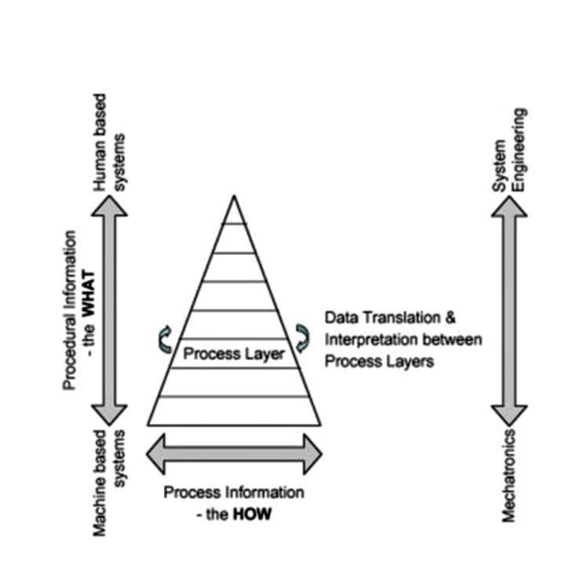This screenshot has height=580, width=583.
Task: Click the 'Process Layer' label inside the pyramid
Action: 233,354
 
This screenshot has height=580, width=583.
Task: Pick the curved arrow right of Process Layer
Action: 302,336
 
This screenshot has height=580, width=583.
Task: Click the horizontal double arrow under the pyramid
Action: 235,454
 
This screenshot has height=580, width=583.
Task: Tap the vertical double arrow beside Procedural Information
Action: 109,311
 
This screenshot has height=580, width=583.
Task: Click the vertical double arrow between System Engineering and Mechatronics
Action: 509,311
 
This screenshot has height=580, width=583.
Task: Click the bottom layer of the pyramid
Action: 233,410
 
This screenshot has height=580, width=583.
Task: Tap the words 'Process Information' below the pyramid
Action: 234,494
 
